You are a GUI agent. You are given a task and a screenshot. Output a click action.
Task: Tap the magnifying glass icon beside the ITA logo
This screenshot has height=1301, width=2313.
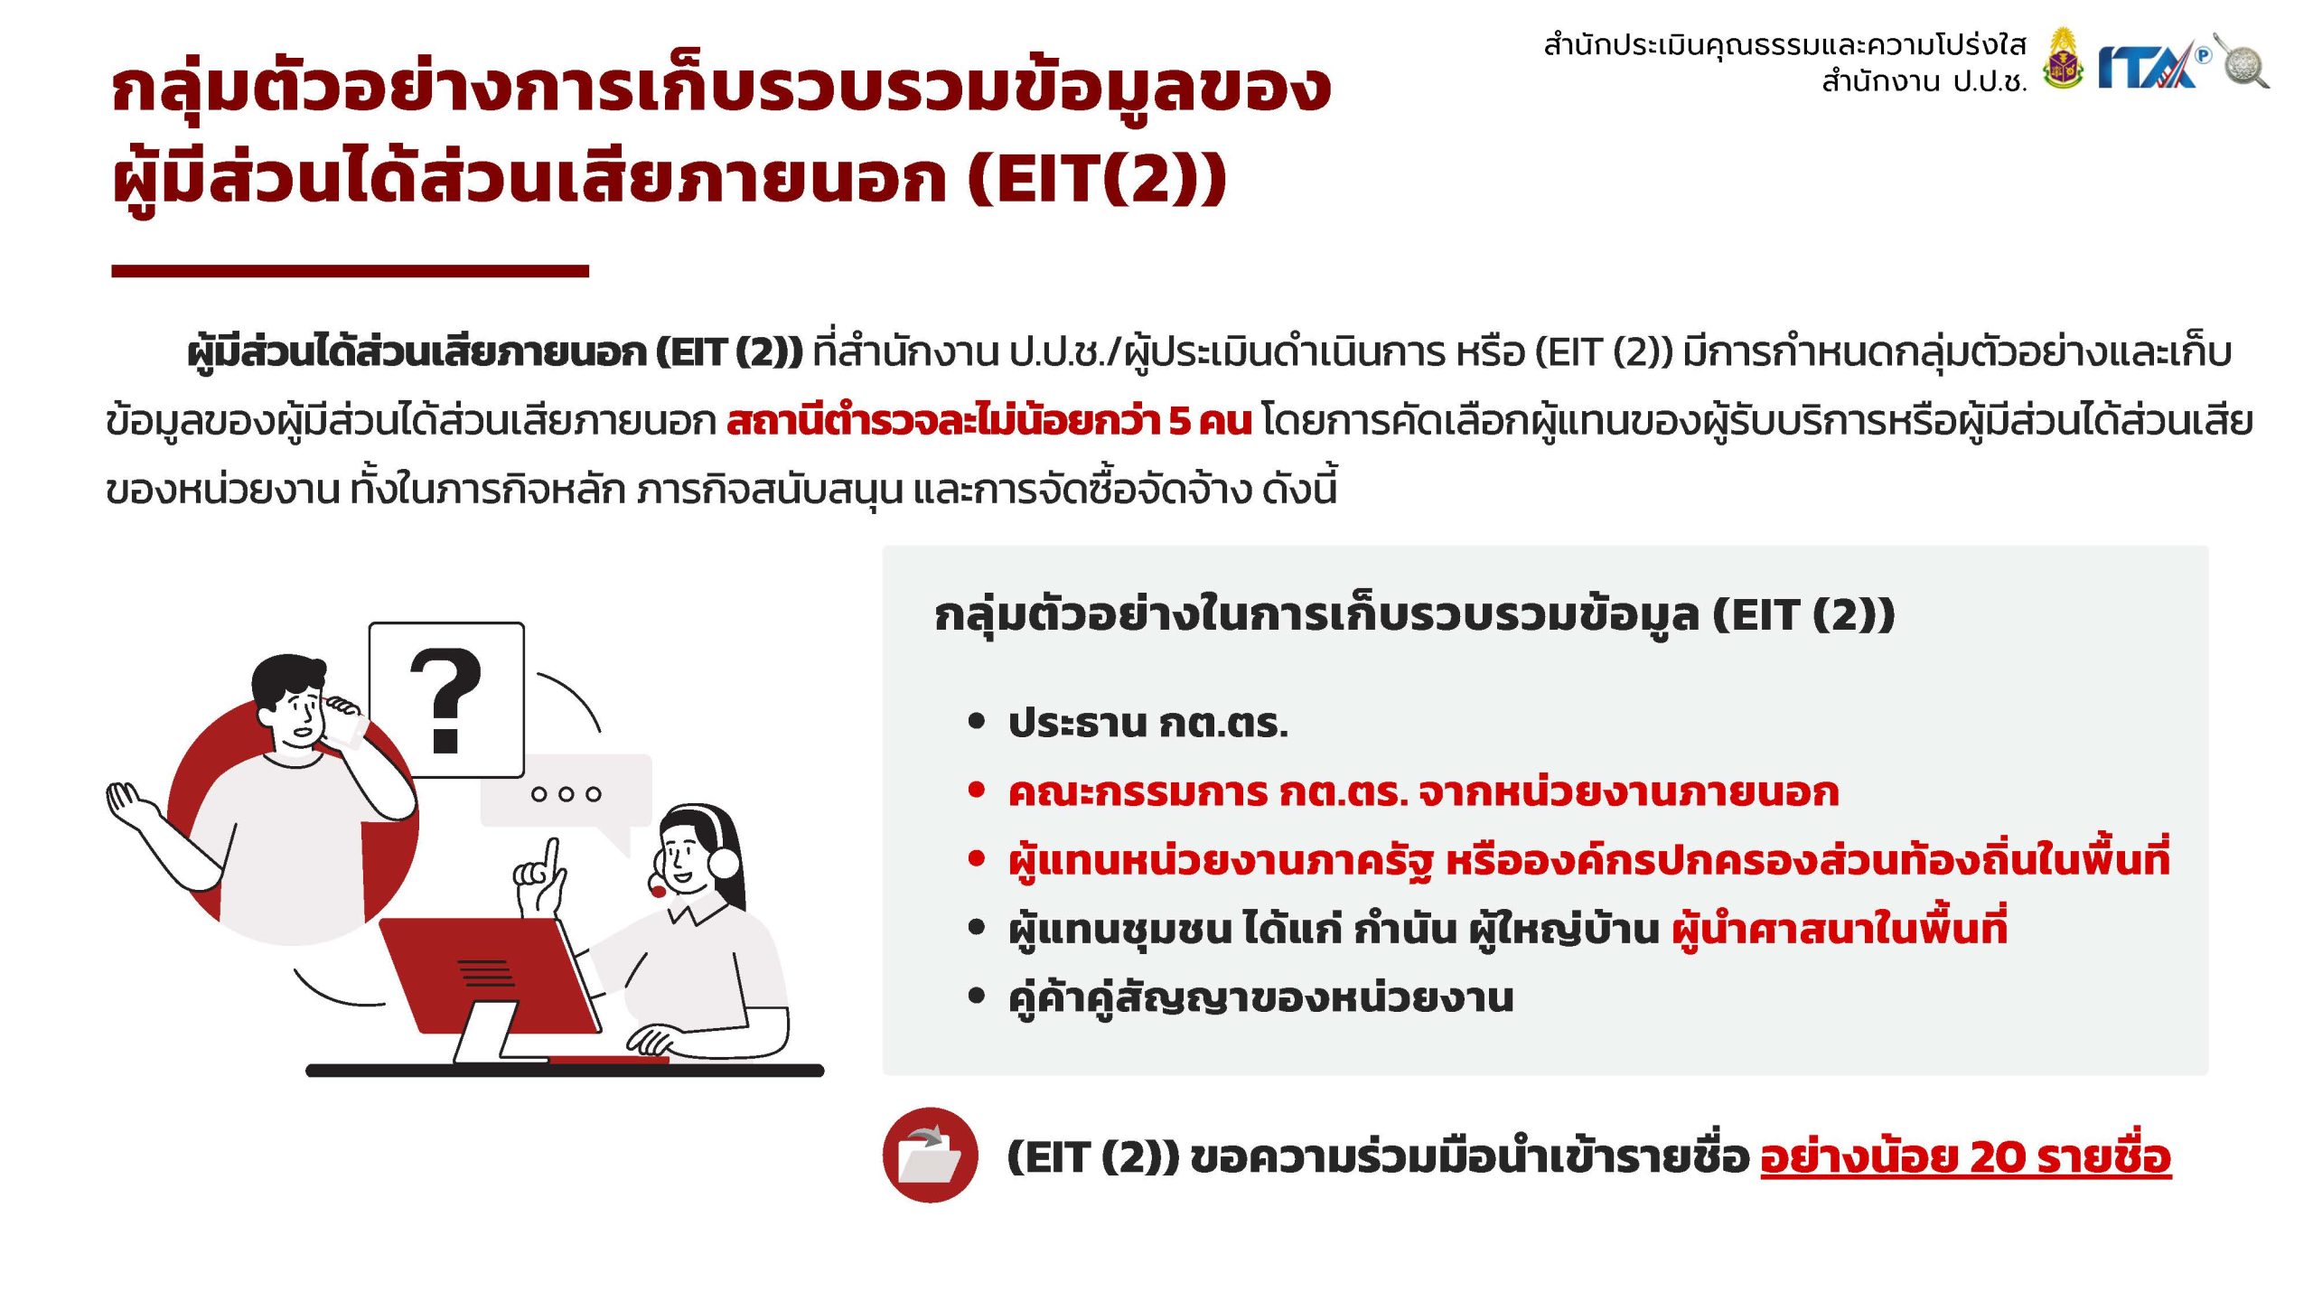point(2243,61)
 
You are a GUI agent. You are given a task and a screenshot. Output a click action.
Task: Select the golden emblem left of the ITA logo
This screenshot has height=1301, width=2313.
point(2063,59)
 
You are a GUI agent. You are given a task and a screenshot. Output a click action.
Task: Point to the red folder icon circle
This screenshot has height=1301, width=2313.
point(930,1155)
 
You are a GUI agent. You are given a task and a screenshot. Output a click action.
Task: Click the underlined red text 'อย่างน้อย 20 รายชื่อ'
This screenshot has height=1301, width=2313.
point(1965,1156)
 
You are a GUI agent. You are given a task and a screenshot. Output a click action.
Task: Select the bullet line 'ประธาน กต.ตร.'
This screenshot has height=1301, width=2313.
point(1147,723)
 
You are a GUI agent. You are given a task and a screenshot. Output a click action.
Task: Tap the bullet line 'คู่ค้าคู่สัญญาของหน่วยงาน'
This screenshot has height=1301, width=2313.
point(1260,998)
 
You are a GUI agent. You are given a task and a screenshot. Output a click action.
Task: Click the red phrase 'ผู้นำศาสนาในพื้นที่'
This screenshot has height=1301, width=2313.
point(1839,929)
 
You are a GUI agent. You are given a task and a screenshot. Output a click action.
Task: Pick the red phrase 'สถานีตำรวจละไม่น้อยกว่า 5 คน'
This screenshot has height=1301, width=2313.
point(989,421)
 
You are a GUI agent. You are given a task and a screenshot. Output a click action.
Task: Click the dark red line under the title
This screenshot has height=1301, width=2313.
point(350,270)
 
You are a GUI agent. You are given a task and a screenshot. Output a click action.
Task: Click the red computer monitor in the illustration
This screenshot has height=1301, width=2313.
point(488,976)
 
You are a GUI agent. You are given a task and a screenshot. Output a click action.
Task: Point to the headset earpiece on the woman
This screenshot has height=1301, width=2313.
point(724,861)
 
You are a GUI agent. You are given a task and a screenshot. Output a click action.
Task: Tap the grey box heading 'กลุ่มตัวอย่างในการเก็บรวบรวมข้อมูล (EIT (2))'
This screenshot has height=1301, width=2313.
point(1414,615)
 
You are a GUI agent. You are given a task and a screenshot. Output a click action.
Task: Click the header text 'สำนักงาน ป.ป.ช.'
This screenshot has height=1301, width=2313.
point(1924,81)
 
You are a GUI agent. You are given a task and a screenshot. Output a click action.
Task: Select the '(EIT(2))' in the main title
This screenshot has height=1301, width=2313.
point(1097,178)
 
